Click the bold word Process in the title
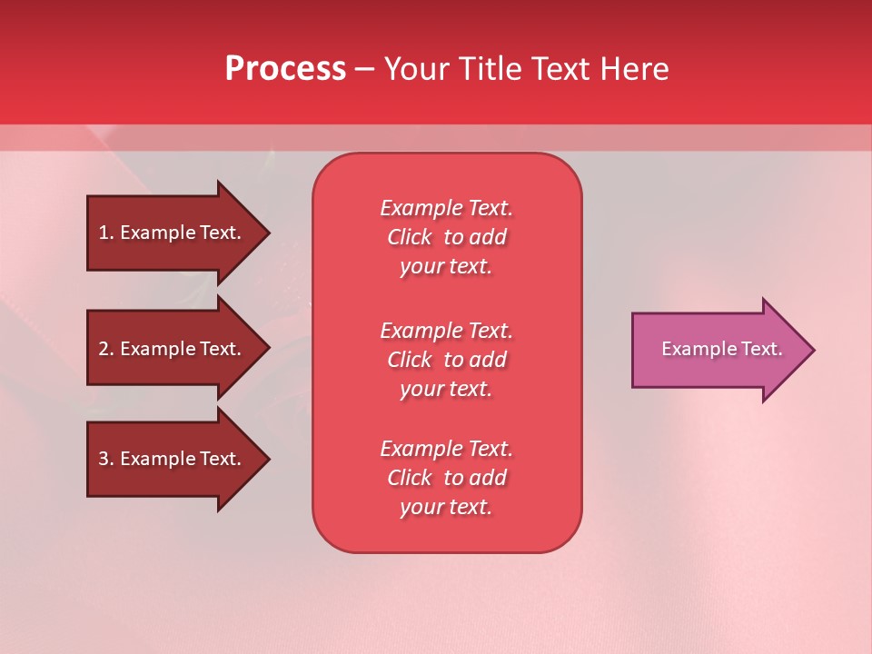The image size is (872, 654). [x=285, y=69]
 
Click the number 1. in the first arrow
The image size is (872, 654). [x=106, y=233]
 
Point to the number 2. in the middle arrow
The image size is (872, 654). [x=106, y=349]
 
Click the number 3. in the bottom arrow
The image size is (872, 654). [x=106, y=459]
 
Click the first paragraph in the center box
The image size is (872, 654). [x=446, y=237]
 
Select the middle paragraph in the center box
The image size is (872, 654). [x=446, y=360]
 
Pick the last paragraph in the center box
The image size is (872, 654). [x=446, y=478]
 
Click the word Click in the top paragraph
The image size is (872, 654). [x=410, y=237]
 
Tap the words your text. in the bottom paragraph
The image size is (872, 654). [x=446, y=507]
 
